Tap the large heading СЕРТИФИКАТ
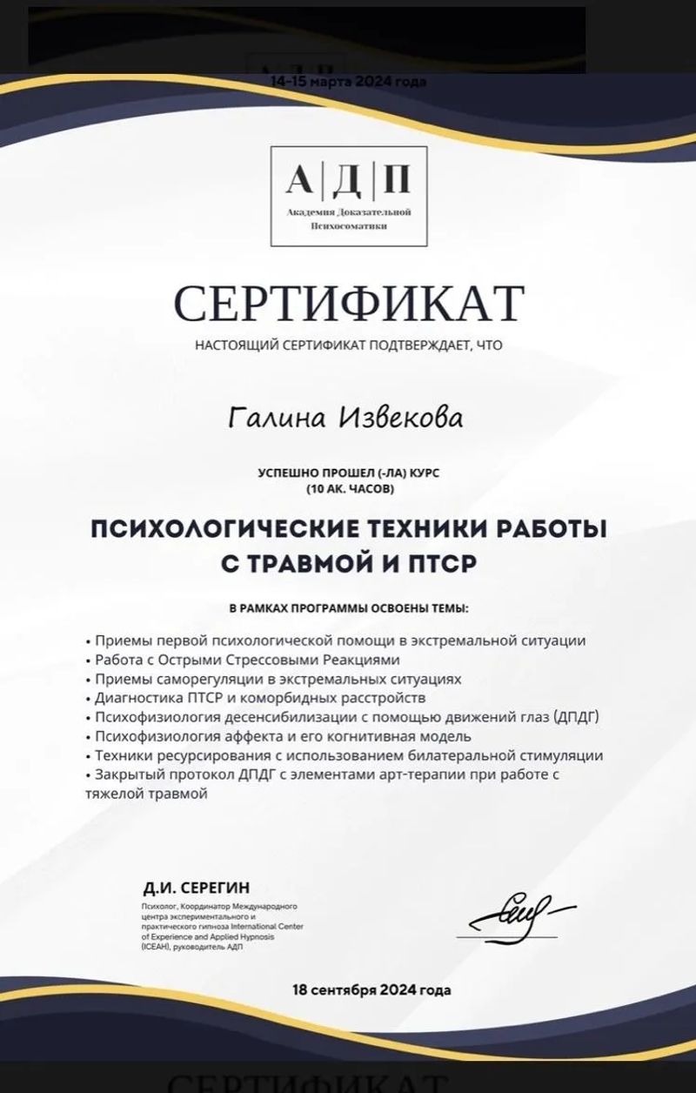click(x=349, y=302)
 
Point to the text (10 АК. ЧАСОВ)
click(x=349, y=489)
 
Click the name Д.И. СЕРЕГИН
click(x=197, y=888)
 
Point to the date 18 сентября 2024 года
click(x=371, y=990)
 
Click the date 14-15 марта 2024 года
click(x=348, y=82)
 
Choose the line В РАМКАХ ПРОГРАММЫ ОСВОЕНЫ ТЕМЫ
click(x=348, y=607)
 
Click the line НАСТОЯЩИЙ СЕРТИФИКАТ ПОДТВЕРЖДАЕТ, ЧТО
click(x=348, y=345)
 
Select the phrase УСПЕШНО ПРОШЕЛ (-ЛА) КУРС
click(x=348, y=474)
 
